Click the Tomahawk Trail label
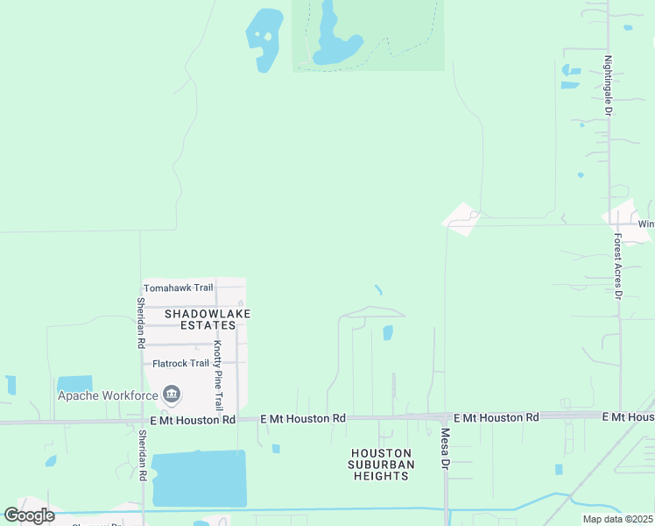[x=178, y=288]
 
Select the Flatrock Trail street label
[x=180, y=363]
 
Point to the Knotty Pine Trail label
[x=218, y=375]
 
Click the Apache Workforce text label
[x=108, y=394]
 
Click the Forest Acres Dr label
[x=617, y=266]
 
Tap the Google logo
[x=30, y=515]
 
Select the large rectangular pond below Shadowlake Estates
[x=199, y=478]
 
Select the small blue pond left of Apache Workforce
[x=74, y=383]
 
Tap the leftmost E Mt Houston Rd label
[x=193, y=420]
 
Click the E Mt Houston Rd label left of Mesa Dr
[x=303, y=419]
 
